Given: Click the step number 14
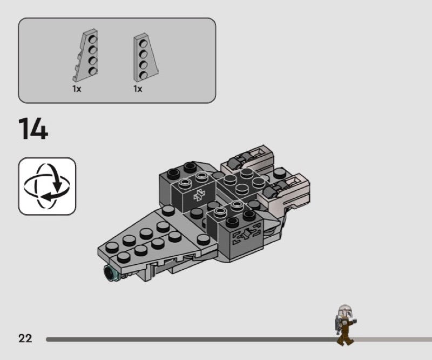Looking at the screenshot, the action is point(33,129).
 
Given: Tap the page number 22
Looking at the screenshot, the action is point(25,338).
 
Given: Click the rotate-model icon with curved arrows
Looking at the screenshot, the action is point(47,186).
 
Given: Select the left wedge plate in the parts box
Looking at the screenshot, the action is point(85,55).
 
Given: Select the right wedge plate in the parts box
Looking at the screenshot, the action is point(145,58).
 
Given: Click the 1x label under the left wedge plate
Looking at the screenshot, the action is point(77,89).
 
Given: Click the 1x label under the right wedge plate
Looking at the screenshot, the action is point(138,89).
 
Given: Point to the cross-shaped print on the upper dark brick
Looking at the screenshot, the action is point(199,195).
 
